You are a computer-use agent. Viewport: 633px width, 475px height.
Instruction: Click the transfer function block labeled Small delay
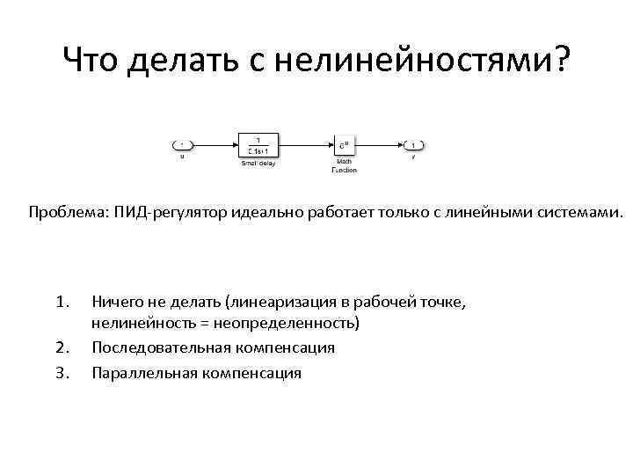[x=258, y=145]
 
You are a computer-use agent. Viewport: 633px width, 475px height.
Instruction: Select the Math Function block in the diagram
[x=344, y=145]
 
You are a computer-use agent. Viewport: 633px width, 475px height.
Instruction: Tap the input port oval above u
[x=182, y=145]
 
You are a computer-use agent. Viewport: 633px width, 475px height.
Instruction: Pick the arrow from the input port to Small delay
[x=215, y=145]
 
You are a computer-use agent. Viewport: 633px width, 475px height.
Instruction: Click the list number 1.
[x=62, y=303]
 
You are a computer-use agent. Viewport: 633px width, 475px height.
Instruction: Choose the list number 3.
[x=62, y=373]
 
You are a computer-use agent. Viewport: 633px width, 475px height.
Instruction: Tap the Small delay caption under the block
[x=258, y=164]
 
